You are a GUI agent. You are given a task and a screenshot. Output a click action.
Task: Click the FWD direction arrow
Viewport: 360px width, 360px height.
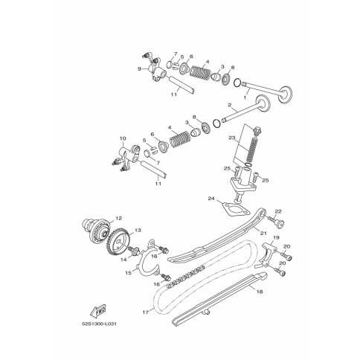[98, 311]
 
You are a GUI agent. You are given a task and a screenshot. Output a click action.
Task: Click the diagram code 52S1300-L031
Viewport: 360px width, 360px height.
[99, 324]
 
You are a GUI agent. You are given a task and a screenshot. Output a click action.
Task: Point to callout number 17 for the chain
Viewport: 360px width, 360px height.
[146, 312]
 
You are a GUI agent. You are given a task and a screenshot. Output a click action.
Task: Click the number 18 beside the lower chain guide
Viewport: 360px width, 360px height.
[260, 292]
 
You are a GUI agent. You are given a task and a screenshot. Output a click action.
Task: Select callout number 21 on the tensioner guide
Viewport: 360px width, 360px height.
[263, 233]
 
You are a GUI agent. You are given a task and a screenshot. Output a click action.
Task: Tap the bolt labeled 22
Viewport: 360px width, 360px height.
[276, 222]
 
